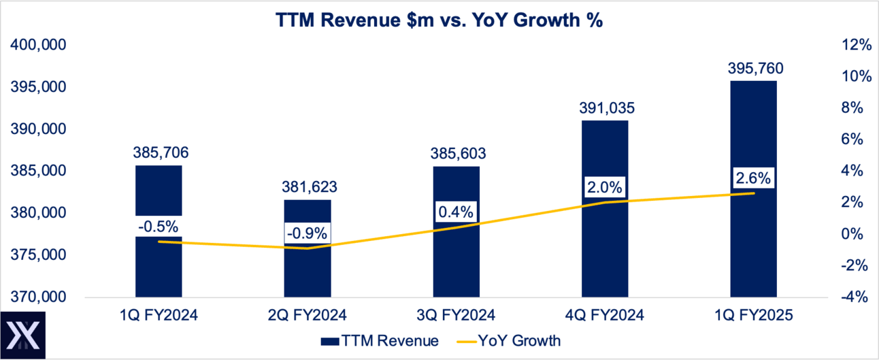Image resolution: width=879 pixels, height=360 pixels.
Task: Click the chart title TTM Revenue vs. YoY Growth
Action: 439,20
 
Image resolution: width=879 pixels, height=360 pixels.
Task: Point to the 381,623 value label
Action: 308,187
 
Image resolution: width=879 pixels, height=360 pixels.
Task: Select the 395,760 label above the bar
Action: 753,68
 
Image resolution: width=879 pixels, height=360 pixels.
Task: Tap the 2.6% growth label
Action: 753,179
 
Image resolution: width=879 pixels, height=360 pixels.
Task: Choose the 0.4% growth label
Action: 456,212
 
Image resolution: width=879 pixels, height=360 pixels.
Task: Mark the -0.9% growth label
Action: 308,233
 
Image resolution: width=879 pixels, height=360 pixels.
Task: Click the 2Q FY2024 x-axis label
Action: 308,315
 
